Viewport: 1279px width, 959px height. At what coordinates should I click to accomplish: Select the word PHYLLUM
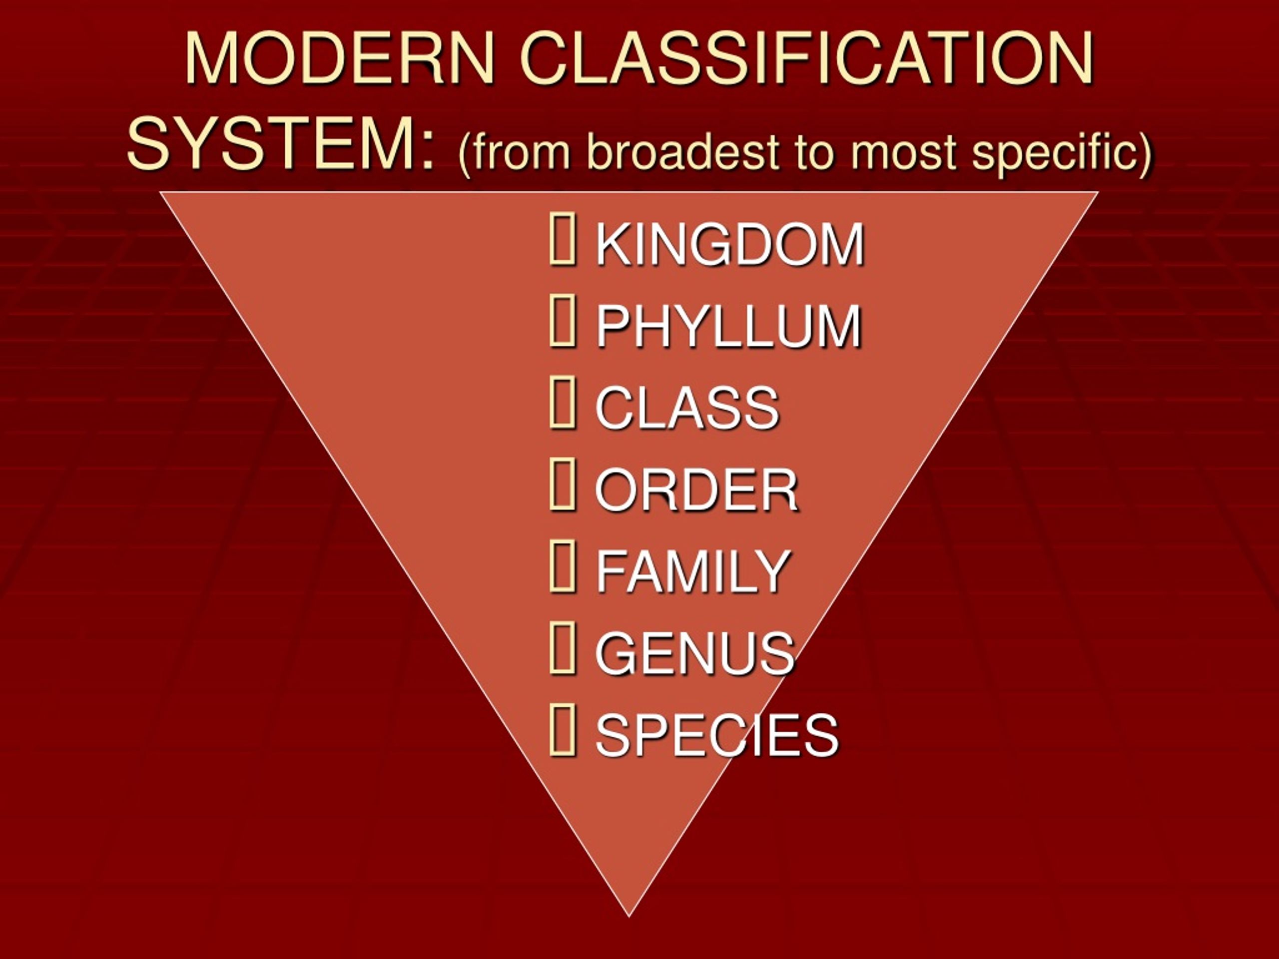[728, 326]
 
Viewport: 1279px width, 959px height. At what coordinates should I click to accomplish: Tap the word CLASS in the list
[687, 408]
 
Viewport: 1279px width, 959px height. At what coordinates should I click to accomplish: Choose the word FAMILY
[692, 571]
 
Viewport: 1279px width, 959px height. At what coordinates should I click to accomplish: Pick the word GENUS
[695, 653]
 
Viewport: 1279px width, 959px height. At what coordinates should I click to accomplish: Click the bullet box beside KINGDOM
[562, 239]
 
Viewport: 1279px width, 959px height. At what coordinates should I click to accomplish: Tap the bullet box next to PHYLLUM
[562, 321]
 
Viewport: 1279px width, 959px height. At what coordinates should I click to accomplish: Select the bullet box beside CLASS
[562, 403]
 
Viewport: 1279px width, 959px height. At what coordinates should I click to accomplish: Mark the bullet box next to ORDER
[562, 485]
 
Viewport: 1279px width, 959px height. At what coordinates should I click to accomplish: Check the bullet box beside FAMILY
[562, 566]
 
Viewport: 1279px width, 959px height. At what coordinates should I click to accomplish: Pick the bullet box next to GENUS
[562, 648]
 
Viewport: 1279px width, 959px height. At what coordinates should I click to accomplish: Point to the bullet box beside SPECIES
[562, 730]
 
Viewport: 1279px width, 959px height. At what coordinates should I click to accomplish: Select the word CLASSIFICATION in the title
[806, 59]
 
